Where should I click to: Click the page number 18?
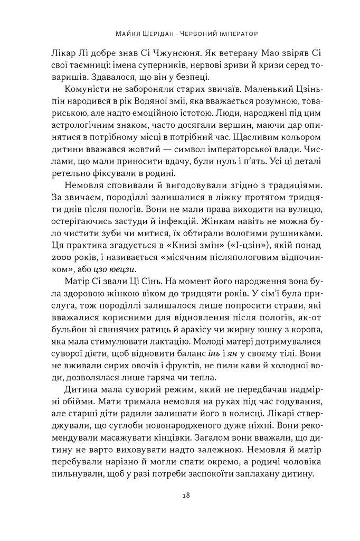coord(180,495)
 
